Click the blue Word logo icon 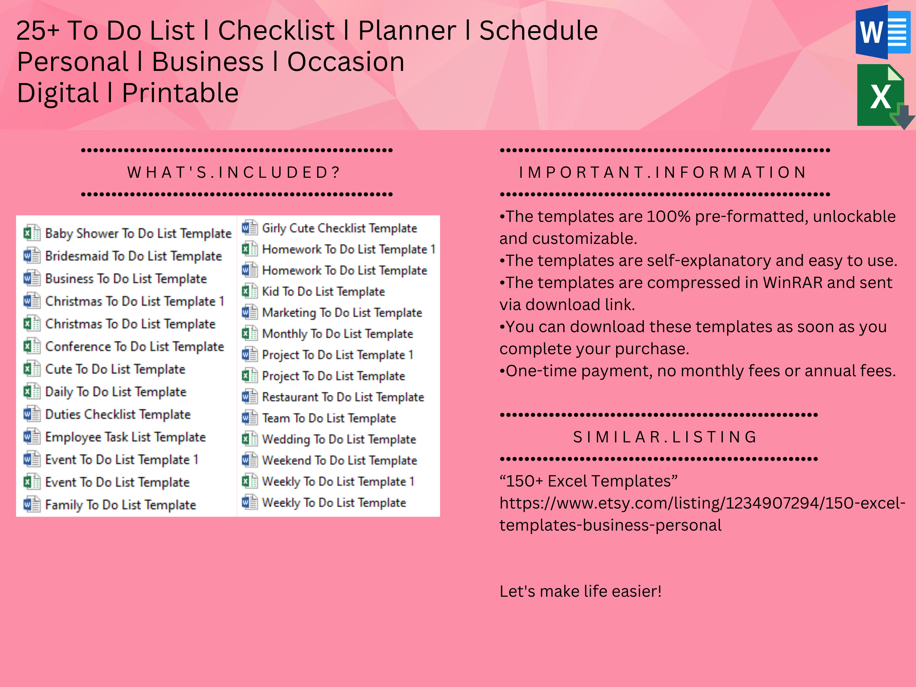tap(882, 32)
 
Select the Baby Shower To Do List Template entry tap(138, 233)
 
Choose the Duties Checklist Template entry tap(118, 415)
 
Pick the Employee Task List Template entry tap(125, 437)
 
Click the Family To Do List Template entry tap(120, 505)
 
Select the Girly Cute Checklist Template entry tap(339, 228)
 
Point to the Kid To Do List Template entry tap(323, 291)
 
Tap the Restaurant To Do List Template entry tap(343, 397)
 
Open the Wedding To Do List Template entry tap(339, 439)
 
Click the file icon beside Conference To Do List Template tap(32, 346)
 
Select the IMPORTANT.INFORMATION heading tap(663, 172)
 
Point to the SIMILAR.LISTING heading tap(665, 437)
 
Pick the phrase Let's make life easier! tap(580, 591)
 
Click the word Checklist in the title tap(276, 31)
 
